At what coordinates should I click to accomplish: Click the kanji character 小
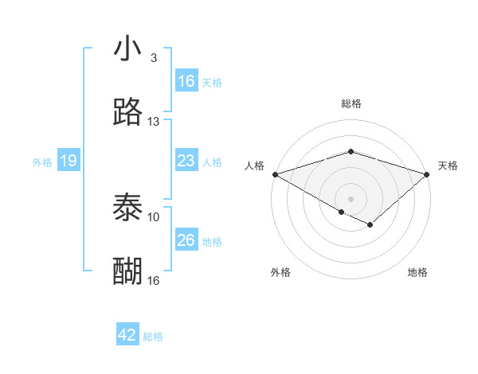pyautogui.click(x=127, y=49)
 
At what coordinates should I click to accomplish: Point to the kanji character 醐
pyautogui.click(x=127, y=271)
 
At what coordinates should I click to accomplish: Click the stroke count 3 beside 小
pyautogui.click(x=153, y=58)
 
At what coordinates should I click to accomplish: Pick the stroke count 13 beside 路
pyautogui.click(x=153, y=122)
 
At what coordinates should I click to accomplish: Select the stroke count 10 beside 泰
pyautogui.click(x=153, y=216)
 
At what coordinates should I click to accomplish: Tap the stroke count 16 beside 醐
pyautogui.click(x=153, y=280)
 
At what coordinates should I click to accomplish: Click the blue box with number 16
pyautogui.click(x=186, y=81)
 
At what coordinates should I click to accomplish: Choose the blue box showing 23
pyautogui.click(x=186, y=161)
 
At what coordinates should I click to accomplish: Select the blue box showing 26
pyautogui.click(x=186, y=240)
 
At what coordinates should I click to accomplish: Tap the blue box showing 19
pyautogui.click(x=69, y=161)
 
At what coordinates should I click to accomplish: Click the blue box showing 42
pyautogui.click(x=127, y=335)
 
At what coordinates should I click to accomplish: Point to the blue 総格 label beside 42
pyautogui.click(x=153, y=337)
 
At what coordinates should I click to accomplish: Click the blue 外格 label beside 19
pyautogui.click(x=42, y=162)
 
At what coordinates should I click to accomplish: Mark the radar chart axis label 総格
pyautogui.click(x=351, y=103)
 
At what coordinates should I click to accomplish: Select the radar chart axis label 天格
pyautogui.click(x=448, y=166)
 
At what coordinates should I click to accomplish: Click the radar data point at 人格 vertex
pyautogui.click(x=275, y=173)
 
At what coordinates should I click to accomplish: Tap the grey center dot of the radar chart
pyautogui.click(x=351, y=198)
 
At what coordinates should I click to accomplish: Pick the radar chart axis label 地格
pyautogui.click(x=417, y=272)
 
